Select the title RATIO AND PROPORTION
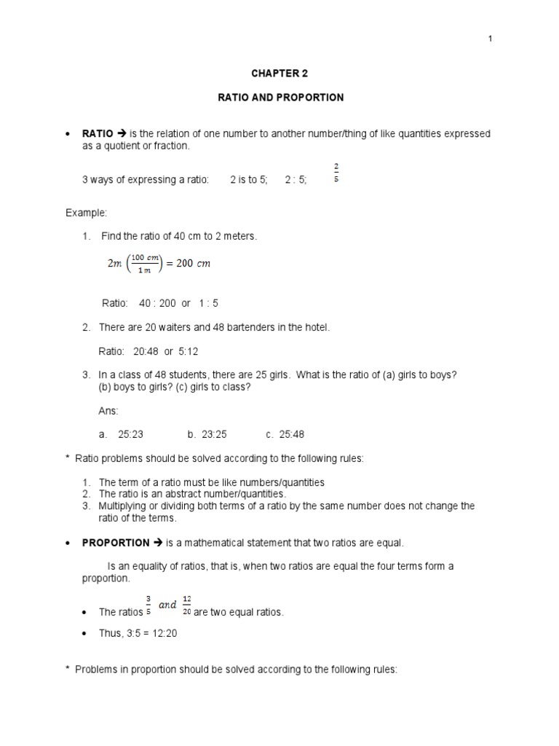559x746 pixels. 280,98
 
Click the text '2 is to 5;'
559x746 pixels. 248,180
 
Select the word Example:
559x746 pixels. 86,213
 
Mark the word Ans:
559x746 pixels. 108,411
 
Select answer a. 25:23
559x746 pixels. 121,434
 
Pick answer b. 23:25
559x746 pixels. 207,434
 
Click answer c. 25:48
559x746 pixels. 285,434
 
